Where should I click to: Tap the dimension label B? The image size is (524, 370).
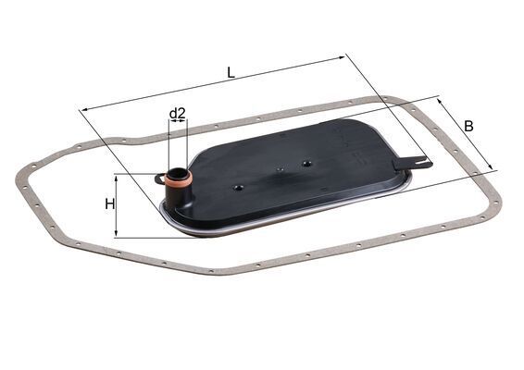point(469,125)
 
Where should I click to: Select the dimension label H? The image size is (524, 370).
point(109,203)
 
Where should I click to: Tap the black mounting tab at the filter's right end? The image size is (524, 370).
point(411,164)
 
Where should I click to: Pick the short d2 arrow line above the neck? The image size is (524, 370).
point(178,125)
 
